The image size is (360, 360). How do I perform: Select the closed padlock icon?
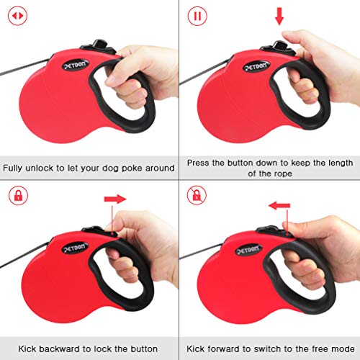(x=15, y=194)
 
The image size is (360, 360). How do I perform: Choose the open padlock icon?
(x=196, y=194)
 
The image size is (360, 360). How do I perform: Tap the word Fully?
(x=15, y=168)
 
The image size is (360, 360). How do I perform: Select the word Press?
(x=198, y=162)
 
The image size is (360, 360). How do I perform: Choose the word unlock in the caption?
(x=45, y=168)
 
